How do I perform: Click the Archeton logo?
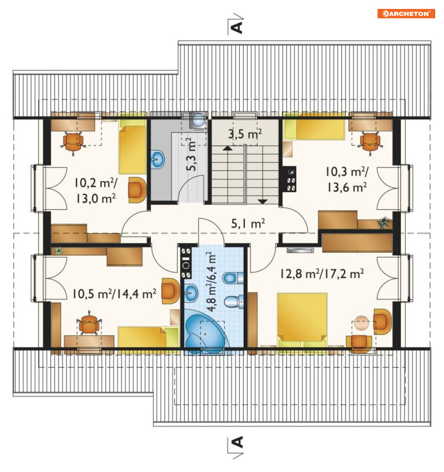tap(406, 13)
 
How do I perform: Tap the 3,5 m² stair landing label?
tap(245, 134)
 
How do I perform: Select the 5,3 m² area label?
tap(191, 154)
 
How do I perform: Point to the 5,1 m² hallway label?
tap(248, 223)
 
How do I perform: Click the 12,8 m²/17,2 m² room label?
tap(322, 274)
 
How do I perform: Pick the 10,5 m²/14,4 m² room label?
tap(114, 294)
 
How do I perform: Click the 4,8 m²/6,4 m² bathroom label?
tap(211, 282)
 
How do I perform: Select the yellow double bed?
tap(302, 320)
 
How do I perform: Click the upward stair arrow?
tap(228, 148)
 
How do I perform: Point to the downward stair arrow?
tap(263, 201)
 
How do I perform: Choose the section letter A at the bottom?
tap(237, 442)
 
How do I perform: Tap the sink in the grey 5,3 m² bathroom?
tap(157, 159)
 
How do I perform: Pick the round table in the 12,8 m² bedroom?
tap(361, 323)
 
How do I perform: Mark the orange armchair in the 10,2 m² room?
tap(137, 190)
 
